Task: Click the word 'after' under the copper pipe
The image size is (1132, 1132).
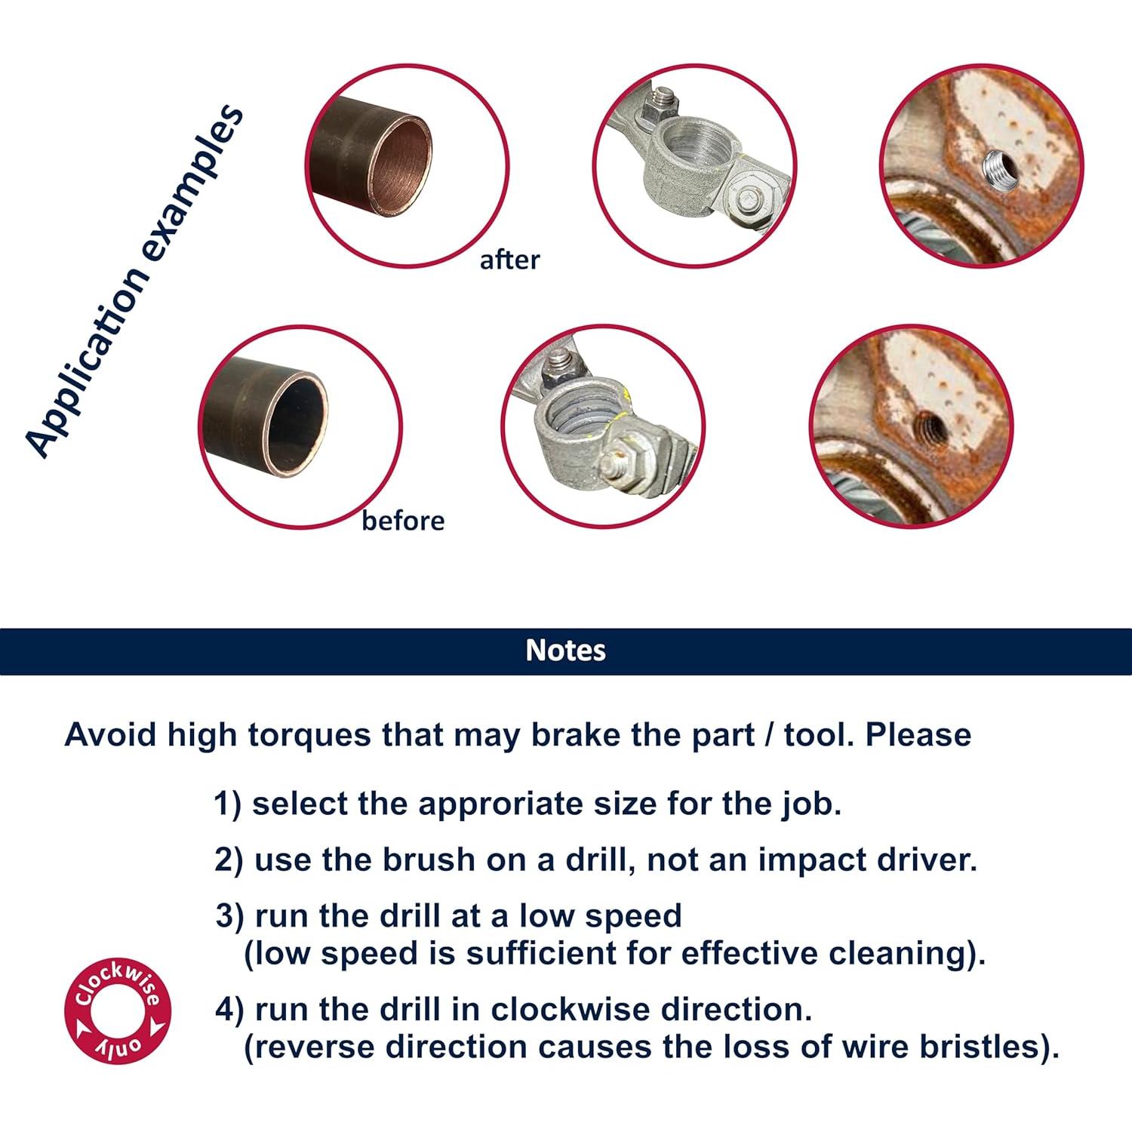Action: coord(509,260)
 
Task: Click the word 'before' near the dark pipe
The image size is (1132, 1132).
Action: coord(403,521)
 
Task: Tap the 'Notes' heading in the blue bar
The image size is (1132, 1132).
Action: coord(566,651)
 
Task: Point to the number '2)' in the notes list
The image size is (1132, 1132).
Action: coord(229,861)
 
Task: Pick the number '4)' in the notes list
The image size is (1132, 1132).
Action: coord(229,1010)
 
